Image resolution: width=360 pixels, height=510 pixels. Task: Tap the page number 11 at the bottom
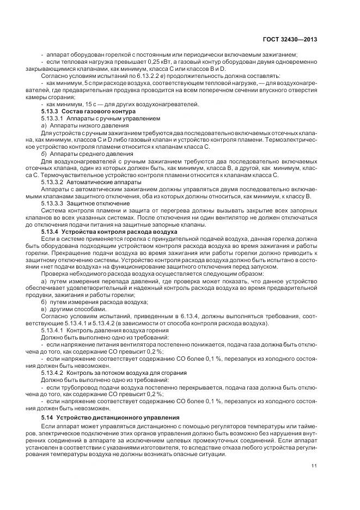pos(315,465)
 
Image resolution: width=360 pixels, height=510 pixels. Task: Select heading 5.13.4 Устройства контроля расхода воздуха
pos(101,232)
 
